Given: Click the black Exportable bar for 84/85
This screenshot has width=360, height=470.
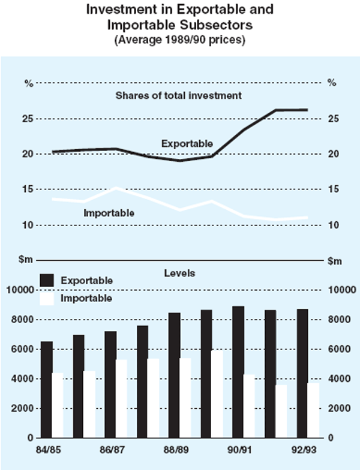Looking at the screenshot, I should point(46,390).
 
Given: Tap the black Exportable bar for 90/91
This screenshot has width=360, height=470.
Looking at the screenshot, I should point(238,372).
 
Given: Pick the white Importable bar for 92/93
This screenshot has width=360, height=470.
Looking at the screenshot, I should point(313,411).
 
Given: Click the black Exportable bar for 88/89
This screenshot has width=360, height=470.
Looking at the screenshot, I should point(174,375).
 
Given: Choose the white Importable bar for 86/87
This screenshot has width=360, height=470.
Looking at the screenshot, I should point(122,399).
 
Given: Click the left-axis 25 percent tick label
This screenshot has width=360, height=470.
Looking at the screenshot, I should point(28,119).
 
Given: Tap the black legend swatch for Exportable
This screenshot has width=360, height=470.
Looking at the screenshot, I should point(46,280).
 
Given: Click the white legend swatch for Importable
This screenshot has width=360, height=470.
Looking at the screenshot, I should point(46,298).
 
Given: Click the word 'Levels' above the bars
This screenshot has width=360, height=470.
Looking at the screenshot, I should point(179,273).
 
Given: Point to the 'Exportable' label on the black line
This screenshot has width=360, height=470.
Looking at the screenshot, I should point(187,144).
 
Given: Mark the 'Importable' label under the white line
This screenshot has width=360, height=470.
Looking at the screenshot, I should point(109,213).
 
